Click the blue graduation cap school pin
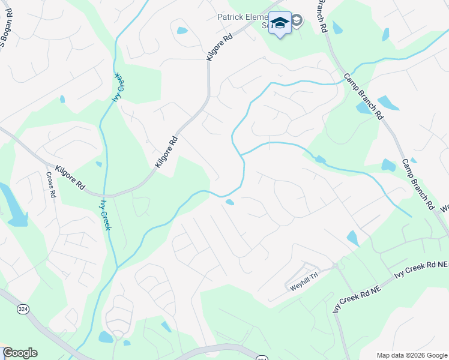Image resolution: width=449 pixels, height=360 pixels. [x=280, y=22]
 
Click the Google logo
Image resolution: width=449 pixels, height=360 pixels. [x=20, y=353]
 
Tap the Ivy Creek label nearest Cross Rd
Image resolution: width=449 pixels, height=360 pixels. [x=106, y=214]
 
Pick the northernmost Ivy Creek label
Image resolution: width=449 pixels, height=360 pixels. [x=118, y=88]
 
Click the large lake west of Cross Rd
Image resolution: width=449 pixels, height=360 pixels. [x=13, y=207]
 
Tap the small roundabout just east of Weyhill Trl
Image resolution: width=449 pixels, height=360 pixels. [x=335, y=266]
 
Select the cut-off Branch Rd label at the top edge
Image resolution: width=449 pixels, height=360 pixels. [x=321, y=15]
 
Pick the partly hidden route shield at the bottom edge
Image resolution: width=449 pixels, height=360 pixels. [x=261, y=358]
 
